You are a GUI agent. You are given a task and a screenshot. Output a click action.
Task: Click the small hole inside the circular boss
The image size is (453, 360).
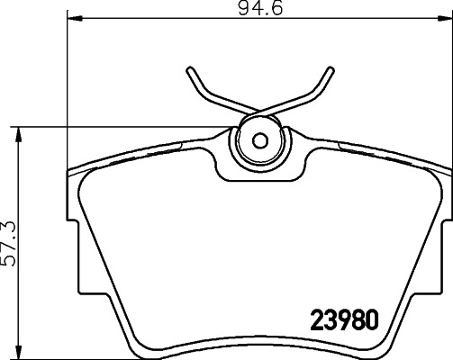coord(258,140)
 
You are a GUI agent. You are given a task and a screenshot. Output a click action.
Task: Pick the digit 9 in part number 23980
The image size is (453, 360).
coord(343,319)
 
